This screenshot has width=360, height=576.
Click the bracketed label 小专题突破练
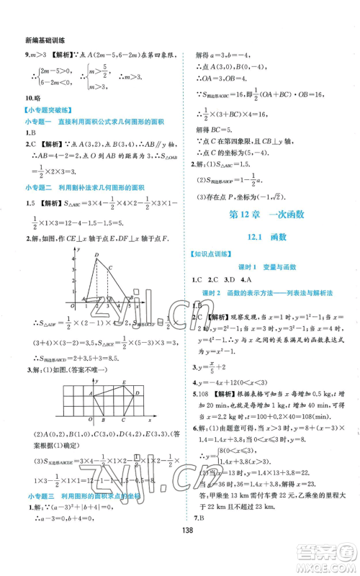[x=45, y=111]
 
